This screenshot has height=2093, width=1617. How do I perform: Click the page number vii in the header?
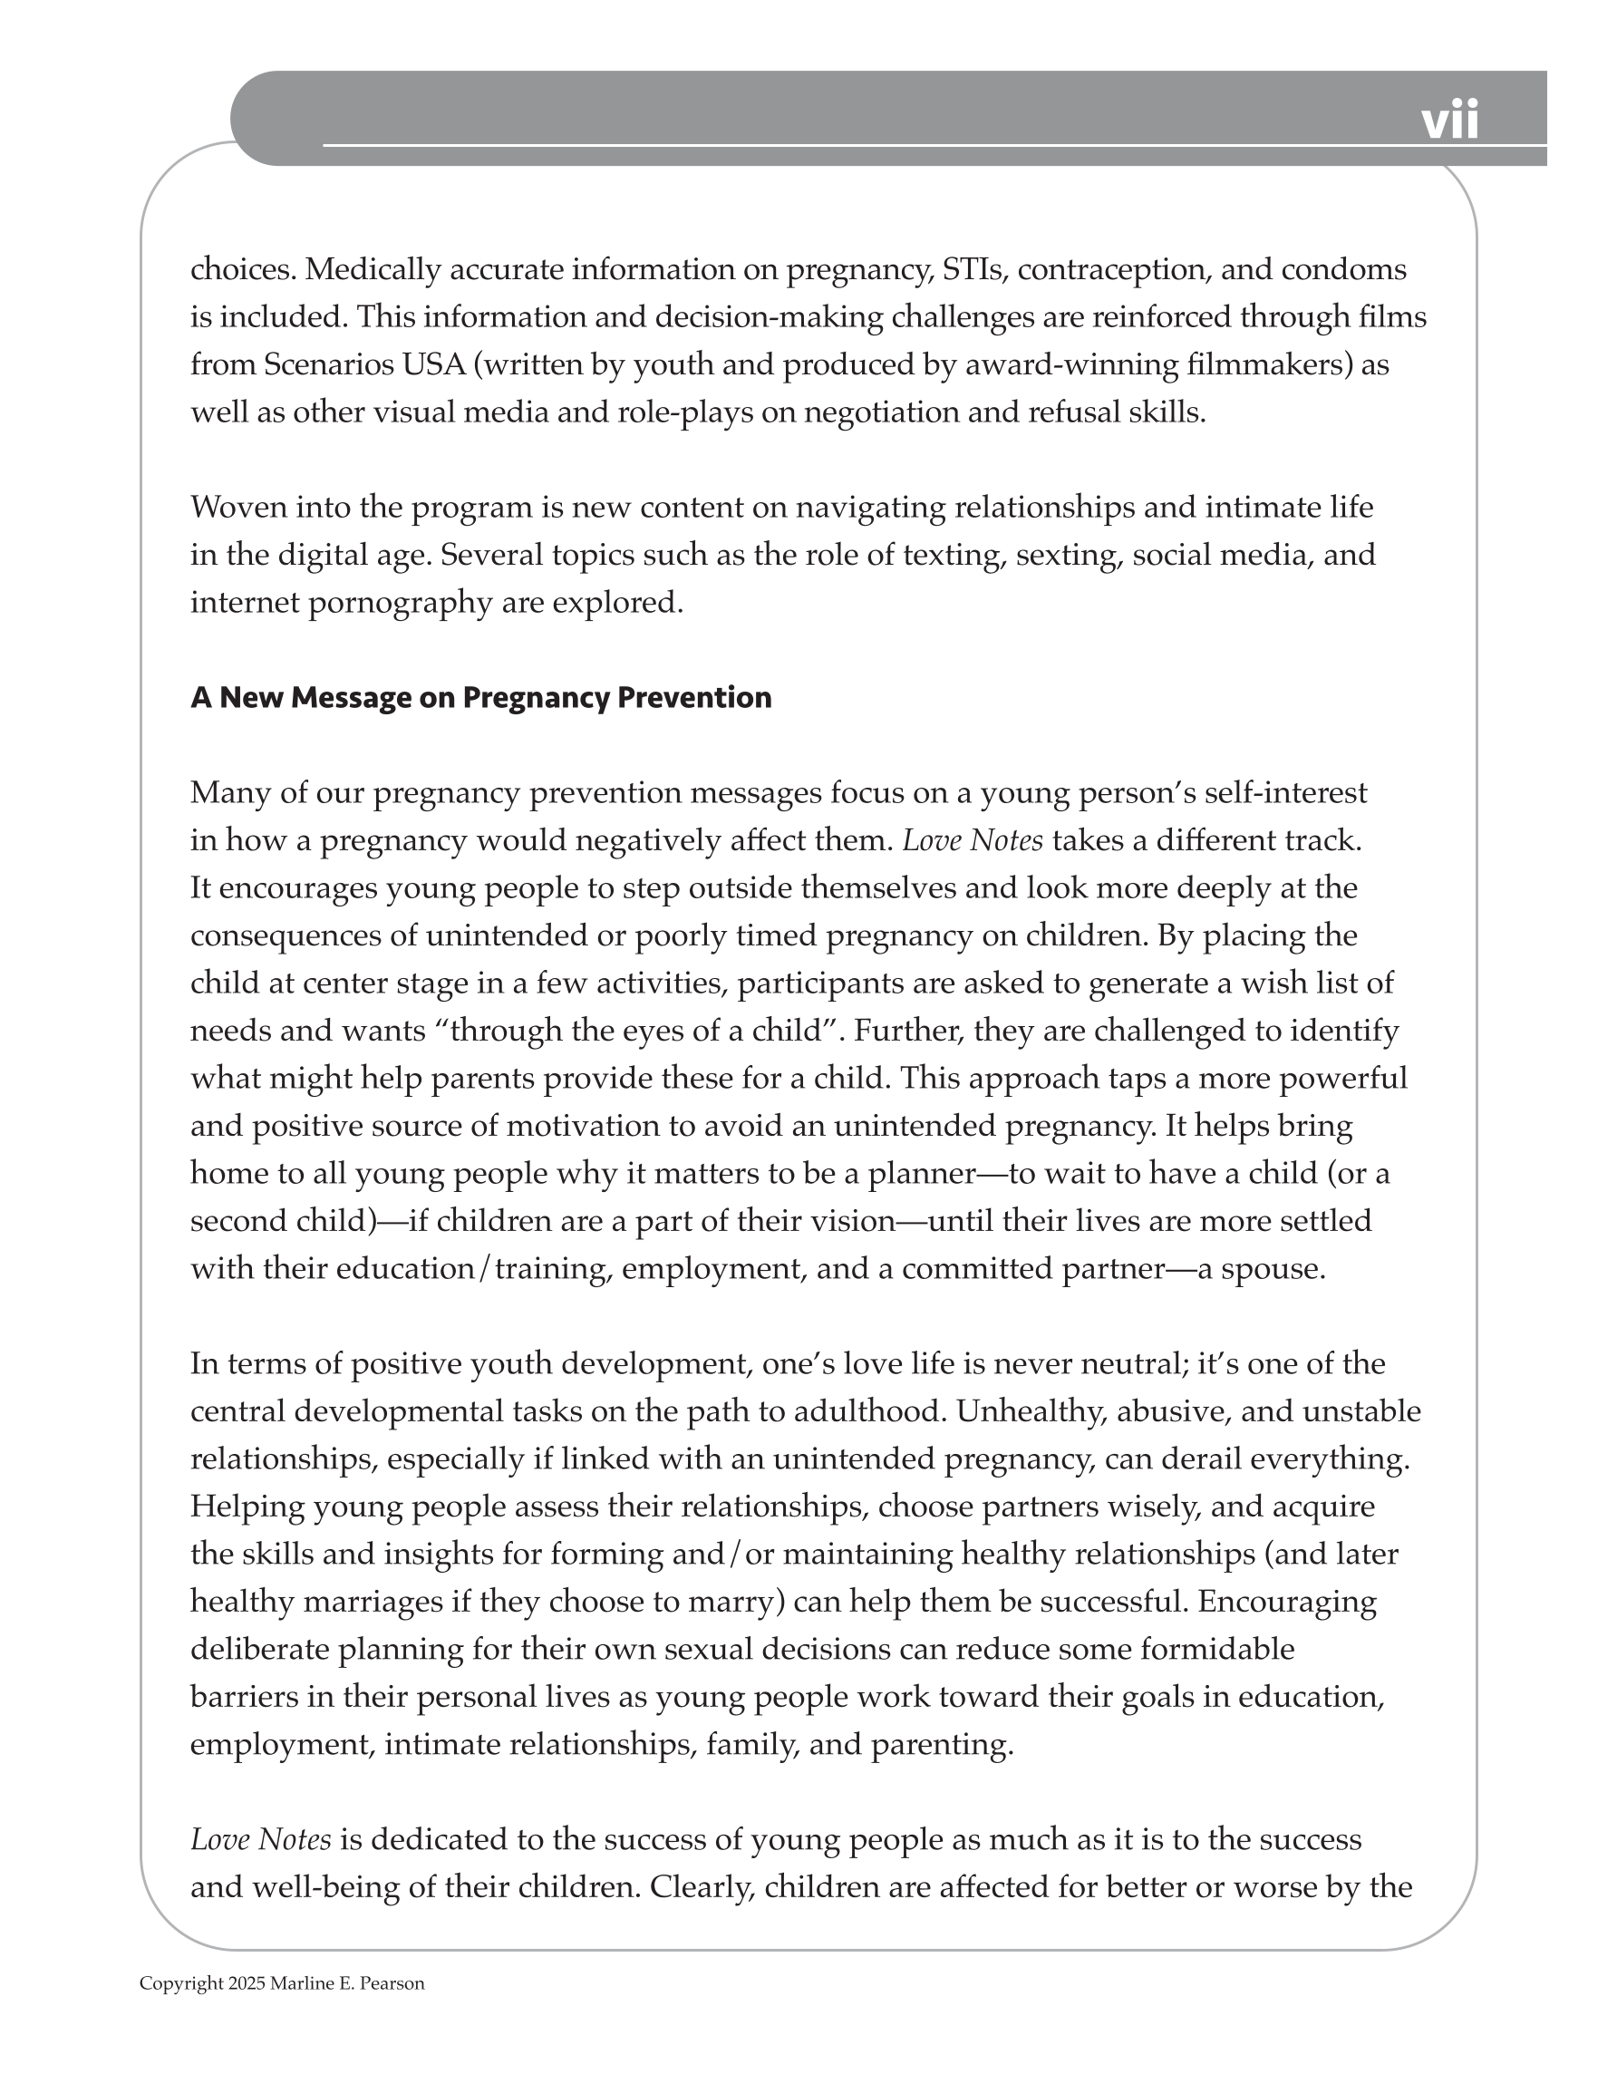pos(1449,121)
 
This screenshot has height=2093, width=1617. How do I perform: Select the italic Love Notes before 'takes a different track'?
pos(972,840)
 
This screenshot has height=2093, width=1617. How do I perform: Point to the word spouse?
pos(1271,1269)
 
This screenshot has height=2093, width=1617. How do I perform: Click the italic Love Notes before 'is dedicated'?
pos(261,1839)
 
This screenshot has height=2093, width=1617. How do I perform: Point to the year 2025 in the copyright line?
pos(247,1983)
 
